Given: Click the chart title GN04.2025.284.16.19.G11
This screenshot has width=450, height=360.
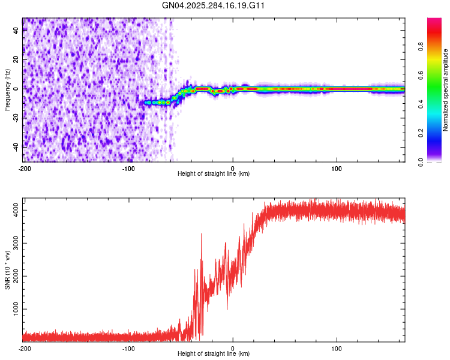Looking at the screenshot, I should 214,5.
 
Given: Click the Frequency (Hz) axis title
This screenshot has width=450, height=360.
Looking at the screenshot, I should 7,89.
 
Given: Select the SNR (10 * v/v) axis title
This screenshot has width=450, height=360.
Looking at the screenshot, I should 7,270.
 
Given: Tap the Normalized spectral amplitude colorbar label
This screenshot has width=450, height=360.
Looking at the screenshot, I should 446,90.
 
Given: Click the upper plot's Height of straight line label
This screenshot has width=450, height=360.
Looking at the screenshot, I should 214,174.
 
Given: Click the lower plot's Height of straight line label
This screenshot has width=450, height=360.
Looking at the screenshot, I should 214,354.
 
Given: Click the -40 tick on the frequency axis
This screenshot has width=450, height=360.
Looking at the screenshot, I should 16,146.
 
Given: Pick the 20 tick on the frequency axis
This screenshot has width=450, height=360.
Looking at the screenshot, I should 16,60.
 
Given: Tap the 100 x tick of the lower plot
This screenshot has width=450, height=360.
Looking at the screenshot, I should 337,348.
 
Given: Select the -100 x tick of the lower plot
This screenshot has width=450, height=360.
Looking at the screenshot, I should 128,348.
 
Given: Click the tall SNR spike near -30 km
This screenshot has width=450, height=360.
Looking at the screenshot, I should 201,235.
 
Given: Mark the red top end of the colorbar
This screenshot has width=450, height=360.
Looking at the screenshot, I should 434,20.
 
